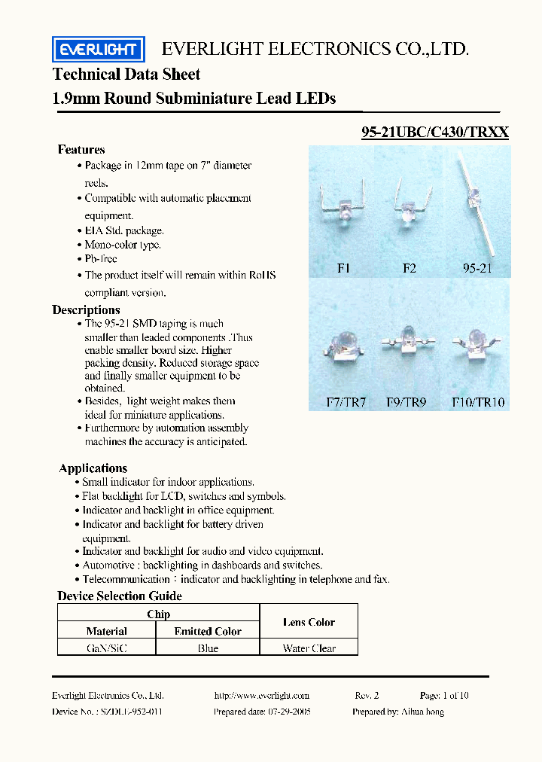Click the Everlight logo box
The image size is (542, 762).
tap(98, 50)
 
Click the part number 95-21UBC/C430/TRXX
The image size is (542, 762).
tap(435, 133)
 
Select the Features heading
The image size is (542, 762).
tap(81, 149)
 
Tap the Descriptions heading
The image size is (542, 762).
tap(86, 309)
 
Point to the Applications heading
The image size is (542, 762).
tap(93, 468)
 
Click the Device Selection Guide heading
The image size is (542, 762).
tap(120, 596)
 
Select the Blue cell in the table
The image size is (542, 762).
tap(208, 648)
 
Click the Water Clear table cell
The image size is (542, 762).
tap(309, 648)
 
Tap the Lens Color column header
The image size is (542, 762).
tap(309, 622)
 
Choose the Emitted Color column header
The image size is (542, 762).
tap(208, 631)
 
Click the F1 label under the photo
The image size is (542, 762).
tap(343, 268)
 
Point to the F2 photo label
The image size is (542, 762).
tap(409, 268)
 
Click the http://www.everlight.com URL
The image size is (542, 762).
tap(261, 695)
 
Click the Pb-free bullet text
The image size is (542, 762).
tap(101, 258)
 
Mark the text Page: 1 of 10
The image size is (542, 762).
tap(444, 695)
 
